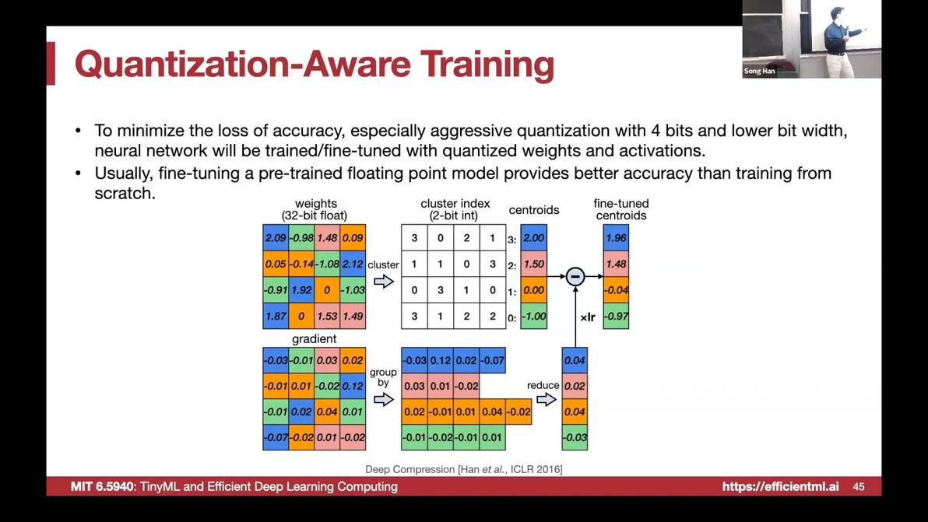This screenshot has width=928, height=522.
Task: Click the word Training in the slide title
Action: coord(487,65)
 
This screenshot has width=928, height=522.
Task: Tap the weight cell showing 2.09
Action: coord(276,237)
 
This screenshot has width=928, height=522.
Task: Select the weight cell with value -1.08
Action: coord(327,264)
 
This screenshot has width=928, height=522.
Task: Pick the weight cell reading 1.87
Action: coord(276,316)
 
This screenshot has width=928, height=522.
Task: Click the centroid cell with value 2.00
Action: coord(534,237)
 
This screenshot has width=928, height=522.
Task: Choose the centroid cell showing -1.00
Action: coord(534,316)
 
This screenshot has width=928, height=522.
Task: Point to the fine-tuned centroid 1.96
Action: coord(616,237)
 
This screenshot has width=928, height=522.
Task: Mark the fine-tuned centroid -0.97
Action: coord(616,316)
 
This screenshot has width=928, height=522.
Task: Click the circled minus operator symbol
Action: coord(575,276)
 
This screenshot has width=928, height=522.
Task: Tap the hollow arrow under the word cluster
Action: coord(384,282)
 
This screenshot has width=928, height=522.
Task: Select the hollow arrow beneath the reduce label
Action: coord(547,400)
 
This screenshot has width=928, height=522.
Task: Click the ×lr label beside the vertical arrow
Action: coord(588,317)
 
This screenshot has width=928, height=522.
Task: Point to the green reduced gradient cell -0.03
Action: coord(575,437)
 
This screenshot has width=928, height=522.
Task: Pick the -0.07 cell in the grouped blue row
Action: coord(492,360)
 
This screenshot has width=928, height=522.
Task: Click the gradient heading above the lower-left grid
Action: coord(315,338)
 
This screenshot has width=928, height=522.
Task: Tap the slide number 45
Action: coord(859,486)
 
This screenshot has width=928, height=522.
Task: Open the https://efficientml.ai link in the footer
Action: coord(781,486)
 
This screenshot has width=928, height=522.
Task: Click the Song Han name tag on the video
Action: coord(759,71)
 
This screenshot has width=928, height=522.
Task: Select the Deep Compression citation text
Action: coord(463,469)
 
